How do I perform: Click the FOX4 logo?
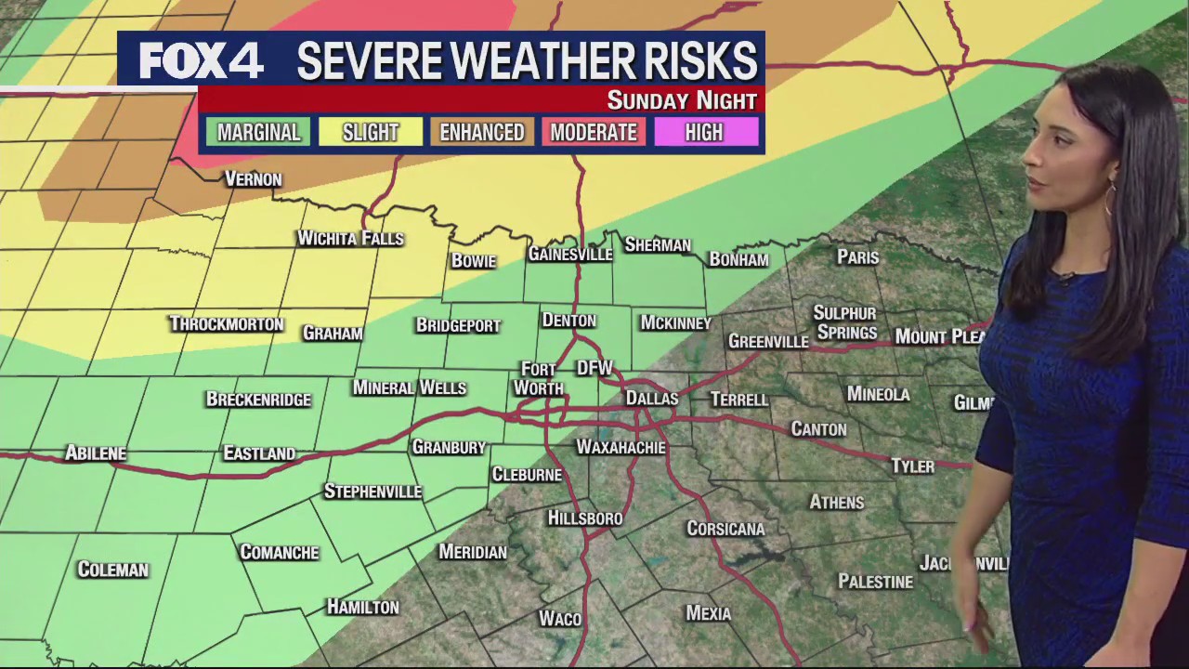coord(201,61)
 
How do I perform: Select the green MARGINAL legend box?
coord(258,132)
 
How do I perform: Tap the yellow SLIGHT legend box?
coord(370,132)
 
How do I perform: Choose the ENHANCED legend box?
coord(482,132)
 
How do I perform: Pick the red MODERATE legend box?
coord(594,132)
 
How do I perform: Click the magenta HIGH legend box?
coord(704,132)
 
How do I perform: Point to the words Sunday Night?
coord(682,100)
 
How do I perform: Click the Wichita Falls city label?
coord(350,239)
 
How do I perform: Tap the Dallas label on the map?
coord(651,398)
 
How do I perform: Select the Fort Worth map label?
coord(539,379)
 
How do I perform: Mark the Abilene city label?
coord(96,453)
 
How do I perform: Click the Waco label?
coord(560,619)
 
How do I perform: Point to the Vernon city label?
coord(253,179)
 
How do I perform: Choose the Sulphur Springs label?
coord(845,322)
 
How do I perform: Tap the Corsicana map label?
coord(725,529)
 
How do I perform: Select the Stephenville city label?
coord(372,492)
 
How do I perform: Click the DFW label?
coord(594,368)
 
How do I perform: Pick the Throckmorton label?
coord(226,324)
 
